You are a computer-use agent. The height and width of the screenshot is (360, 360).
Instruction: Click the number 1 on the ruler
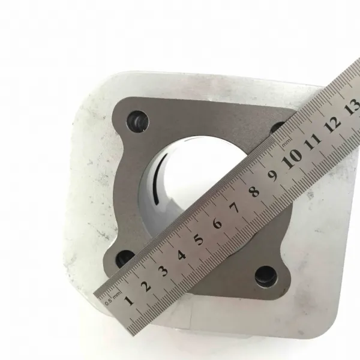129,301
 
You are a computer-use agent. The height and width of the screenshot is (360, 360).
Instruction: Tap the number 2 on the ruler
146,286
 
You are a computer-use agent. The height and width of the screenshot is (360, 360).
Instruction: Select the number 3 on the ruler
164,271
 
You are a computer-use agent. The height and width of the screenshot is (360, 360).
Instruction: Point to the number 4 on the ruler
182,255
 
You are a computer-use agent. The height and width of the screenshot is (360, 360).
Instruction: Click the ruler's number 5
199,239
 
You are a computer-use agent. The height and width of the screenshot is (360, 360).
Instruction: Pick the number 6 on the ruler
217,223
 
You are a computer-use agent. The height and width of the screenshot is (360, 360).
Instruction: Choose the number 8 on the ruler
254,191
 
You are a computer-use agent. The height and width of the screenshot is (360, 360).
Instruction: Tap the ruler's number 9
273,176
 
